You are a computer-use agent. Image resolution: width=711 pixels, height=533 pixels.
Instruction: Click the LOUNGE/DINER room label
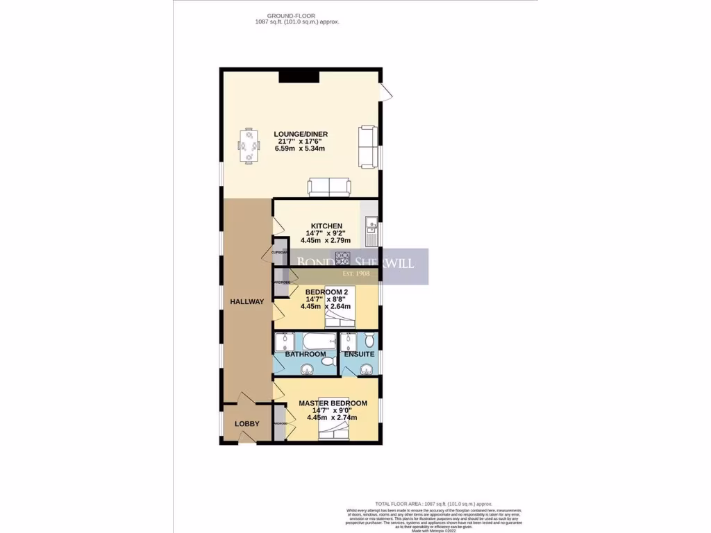tap(301, 134)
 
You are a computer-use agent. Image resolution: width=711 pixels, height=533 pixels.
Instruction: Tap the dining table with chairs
tap(249, 146)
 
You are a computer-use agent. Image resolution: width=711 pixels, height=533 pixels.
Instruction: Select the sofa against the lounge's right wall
tap(368, 146)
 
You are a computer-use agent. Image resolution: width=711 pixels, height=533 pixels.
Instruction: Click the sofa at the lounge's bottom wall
tap(329, 187)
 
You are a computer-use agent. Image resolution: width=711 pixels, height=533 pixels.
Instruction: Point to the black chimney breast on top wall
tap(299, 76)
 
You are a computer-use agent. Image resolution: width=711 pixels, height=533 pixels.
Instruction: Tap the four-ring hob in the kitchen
tap(344, 257)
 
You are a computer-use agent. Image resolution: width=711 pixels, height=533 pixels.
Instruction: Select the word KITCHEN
tap(326, 226)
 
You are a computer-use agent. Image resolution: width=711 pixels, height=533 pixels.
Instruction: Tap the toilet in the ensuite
tap(369, 340)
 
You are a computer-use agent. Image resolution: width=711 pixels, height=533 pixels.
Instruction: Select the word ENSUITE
tap(359, 354)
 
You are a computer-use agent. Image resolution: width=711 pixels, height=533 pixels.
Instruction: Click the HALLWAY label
tap(247, 301)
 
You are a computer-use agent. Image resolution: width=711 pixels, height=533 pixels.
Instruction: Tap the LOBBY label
tap(247, 424)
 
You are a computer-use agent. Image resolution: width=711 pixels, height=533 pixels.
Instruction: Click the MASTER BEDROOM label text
tap(333, 403)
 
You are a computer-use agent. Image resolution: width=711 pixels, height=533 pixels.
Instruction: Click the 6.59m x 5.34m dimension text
tap(301, 149)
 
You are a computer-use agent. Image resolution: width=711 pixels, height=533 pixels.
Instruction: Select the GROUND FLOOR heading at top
tap(287, 16)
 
